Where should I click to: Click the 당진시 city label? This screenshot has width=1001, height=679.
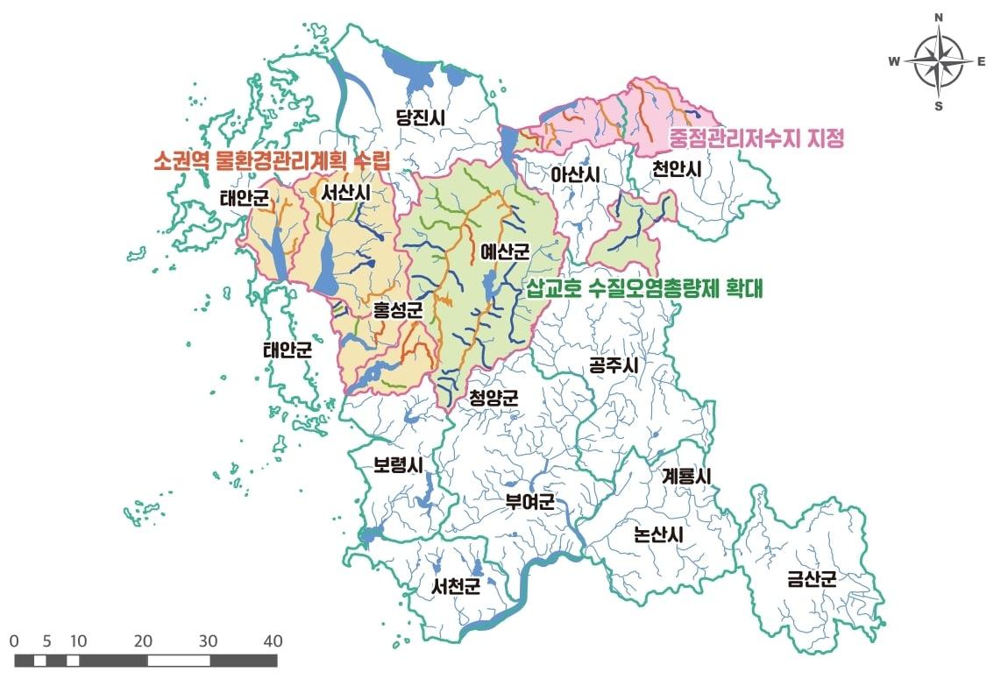[x=422, y=117]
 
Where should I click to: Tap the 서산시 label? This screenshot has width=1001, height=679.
[x=346, y=192]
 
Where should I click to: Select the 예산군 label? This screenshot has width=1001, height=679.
[x=505, y=252]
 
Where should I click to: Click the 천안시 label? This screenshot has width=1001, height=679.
[x=678, y=170]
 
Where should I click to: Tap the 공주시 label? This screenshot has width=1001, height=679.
[x=613, y=365]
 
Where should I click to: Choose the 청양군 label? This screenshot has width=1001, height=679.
[x=493, y=398]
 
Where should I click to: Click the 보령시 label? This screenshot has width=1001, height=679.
[x=398, y=465]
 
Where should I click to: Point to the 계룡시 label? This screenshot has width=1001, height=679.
[x=686, y=477]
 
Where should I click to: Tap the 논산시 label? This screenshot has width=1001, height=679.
[x=657, y=534]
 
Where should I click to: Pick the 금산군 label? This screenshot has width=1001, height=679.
[x=811, y=578]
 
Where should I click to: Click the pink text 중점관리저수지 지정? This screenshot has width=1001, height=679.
[x=755, y=138]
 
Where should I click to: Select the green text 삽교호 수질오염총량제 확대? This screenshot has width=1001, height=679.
[x=644, y=288]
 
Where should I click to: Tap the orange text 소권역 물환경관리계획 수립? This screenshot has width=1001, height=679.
[x=271, y=161]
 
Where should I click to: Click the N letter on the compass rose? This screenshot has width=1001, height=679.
[x=938, y=18]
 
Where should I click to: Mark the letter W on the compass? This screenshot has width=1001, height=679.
[x=894, y=60]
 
